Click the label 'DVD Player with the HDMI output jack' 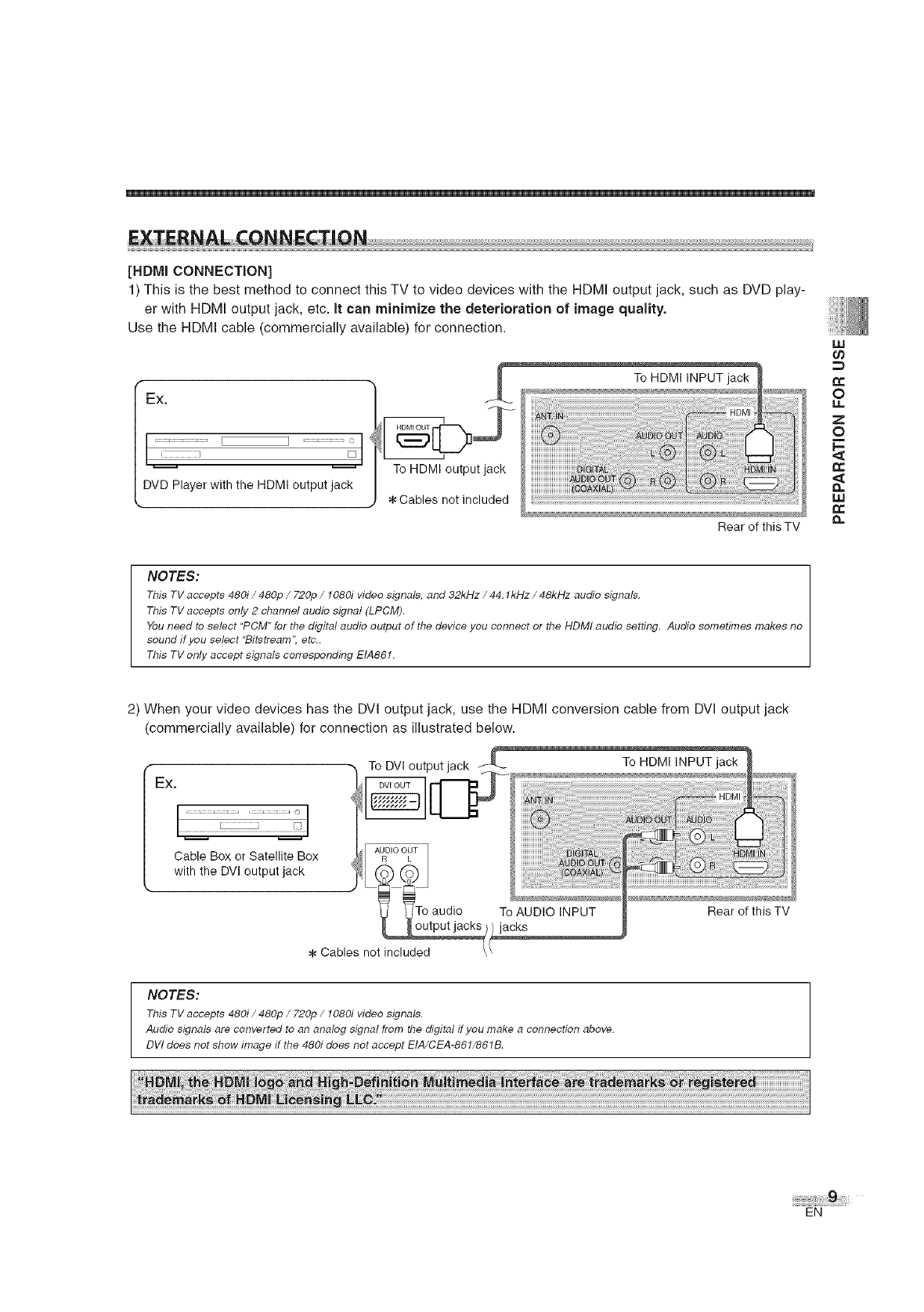tap(247, 484)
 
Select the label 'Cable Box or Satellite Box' tap(246, 856)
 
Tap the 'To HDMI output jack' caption tap(449, 469)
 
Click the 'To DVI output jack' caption tap(418, 765)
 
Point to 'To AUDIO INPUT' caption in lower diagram tap(547, 912)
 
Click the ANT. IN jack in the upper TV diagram tap(554, 435)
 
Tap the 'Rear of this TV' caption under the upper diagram tap(758, 527)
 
